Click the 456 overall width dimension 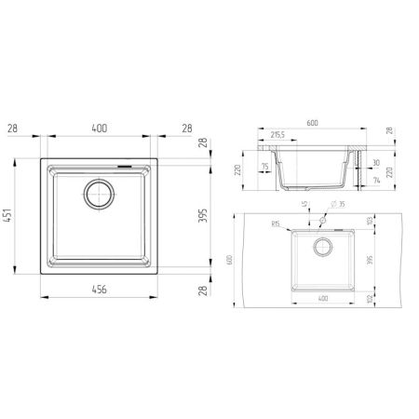tap(99, 290)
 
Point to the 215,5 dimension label tap(277, 136)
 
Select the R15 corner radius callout tap(277, 224)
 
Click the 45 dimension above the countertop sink tap(304, 206)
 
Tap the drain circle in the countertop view tap(322, 247)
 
